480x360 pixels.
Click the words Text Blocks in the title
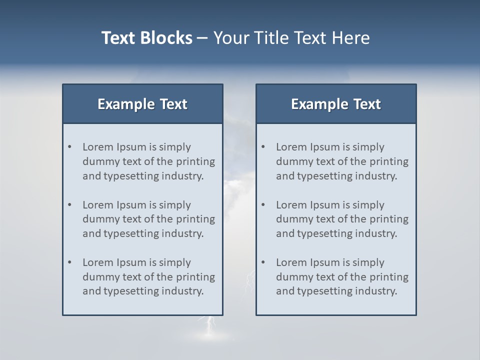tap(146, 38)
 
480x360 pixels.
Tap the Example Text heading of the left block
tap(142, 104)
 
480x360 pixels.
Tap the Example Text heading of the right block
tap(336, 104)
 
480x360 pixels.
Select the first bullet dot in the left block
tap(70, 147)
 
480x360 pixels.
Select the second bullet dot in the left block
tap(70, 205)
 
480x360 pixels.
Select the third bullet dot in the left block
tap(70, 262)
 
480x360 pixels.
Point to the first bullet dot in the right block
tap(263, 147)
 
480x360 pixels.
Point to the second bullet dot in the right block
tap(263, 205)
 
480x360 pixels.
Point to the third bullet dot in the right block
tap(263, 262)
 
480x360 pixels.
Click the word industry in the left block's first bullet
tap(183, 176)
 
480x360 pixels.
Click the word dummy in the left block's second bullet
tap(98, 219)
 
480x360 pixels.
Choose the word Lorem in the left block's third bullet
tap(97, 262)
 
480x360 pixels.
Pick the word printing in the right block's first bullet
tap(389, 161)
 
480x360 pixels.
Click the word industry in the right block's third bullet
tap(377, 291)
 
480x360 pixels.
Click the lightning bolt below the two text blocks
tap(207, 325)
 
